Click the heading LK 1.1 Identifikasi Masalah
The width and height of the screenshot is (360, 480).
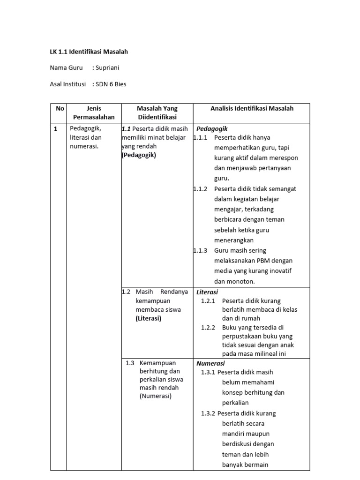tap(89, 52)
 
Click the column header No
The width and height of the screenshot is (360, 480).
tap(60, 108)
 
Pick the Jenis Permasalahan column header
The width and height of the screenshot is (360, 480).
tap(94, 113)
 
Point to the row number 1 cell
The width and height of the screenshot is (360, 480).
tap(56, 129)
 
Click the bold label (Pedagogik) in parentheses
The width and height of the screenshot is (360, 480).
tap(139, 155)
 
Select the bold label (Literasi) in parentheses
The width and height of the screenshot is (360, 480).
tap(148, 318)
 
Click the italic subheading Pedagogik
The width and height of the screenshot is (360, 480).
tap(212, 128)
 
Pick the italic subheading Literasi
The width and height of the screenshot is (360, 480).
tap(207, 292)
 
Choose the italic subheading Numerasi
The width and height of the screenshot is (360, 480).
tap(210, 363)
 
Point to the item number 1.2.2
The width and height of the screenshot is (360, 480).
tap(208, 328)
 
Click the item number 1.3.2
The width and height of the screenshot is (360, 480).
tap(208, 413)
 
